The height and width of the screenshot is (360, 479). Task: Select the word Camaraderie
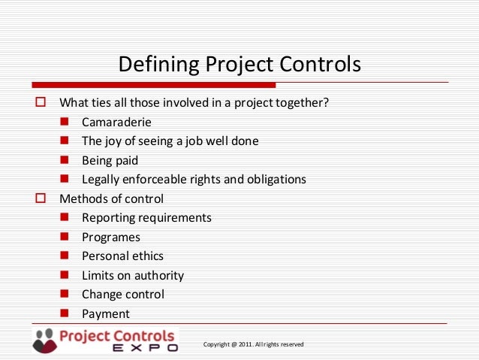(116, 122)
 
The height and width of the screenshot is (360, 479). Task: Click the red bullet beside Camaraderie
(65, 121)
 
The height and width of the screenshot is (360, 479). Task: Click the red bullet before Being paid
(65, 159)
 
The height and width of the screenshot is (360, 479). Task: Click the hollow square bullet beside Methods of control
(41, 198)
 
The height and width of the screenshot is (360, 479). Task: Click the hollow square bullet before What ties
(41, 101)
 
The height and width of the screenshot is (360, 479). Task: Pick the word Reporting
(109, 218)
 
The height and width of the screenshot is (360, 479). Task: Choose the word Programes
(111, 237)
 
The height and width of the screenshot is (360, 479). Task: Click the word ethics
(146, 256)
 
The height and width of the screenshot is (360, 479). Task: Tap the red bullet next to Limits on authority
(65, 275)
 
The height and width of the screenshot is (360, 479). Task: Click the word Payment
(106, 314)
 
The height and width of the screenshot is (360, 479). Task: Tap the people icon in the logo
(44, 340)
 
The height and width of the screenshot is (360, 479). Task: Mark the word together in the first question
(303, 102)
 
